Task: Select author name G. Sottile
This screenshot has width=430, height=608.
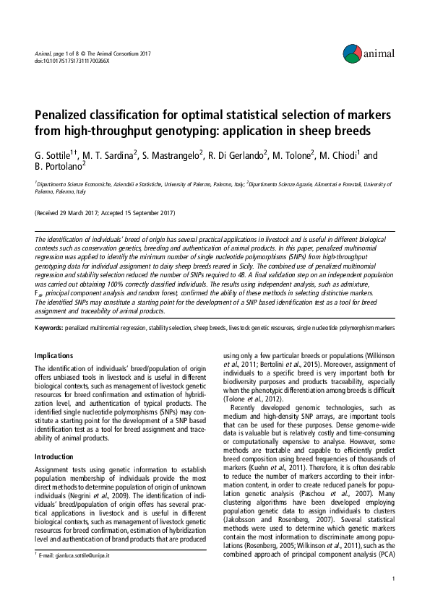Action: tap(54, 155)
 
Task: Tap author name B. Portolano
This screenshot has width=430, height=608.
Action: tap(60, 168)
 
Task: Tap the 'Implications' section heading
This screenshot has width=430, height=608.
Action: tap(54, 355)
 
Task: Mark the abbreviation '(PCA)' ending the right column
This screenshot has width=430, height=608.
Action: tap(384, 556)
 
